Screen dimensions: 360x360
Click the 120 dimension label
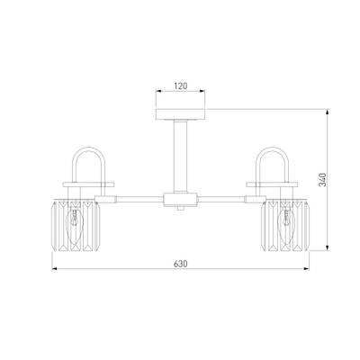(181, 85)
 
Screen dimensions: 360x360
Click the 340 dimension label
(322, 179)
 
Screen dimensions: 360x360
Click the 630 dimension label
(181, 264)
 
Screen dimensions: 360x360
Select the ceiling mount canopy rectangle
(181, 114)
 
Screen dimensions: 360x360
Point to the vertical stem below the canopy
(181, 157)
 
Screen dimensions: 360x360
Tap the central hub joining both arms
(181, 200)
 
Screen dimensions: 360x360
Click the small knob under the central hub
(180, 208)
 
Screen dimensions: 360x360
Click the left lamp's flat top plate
(88, 184)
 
